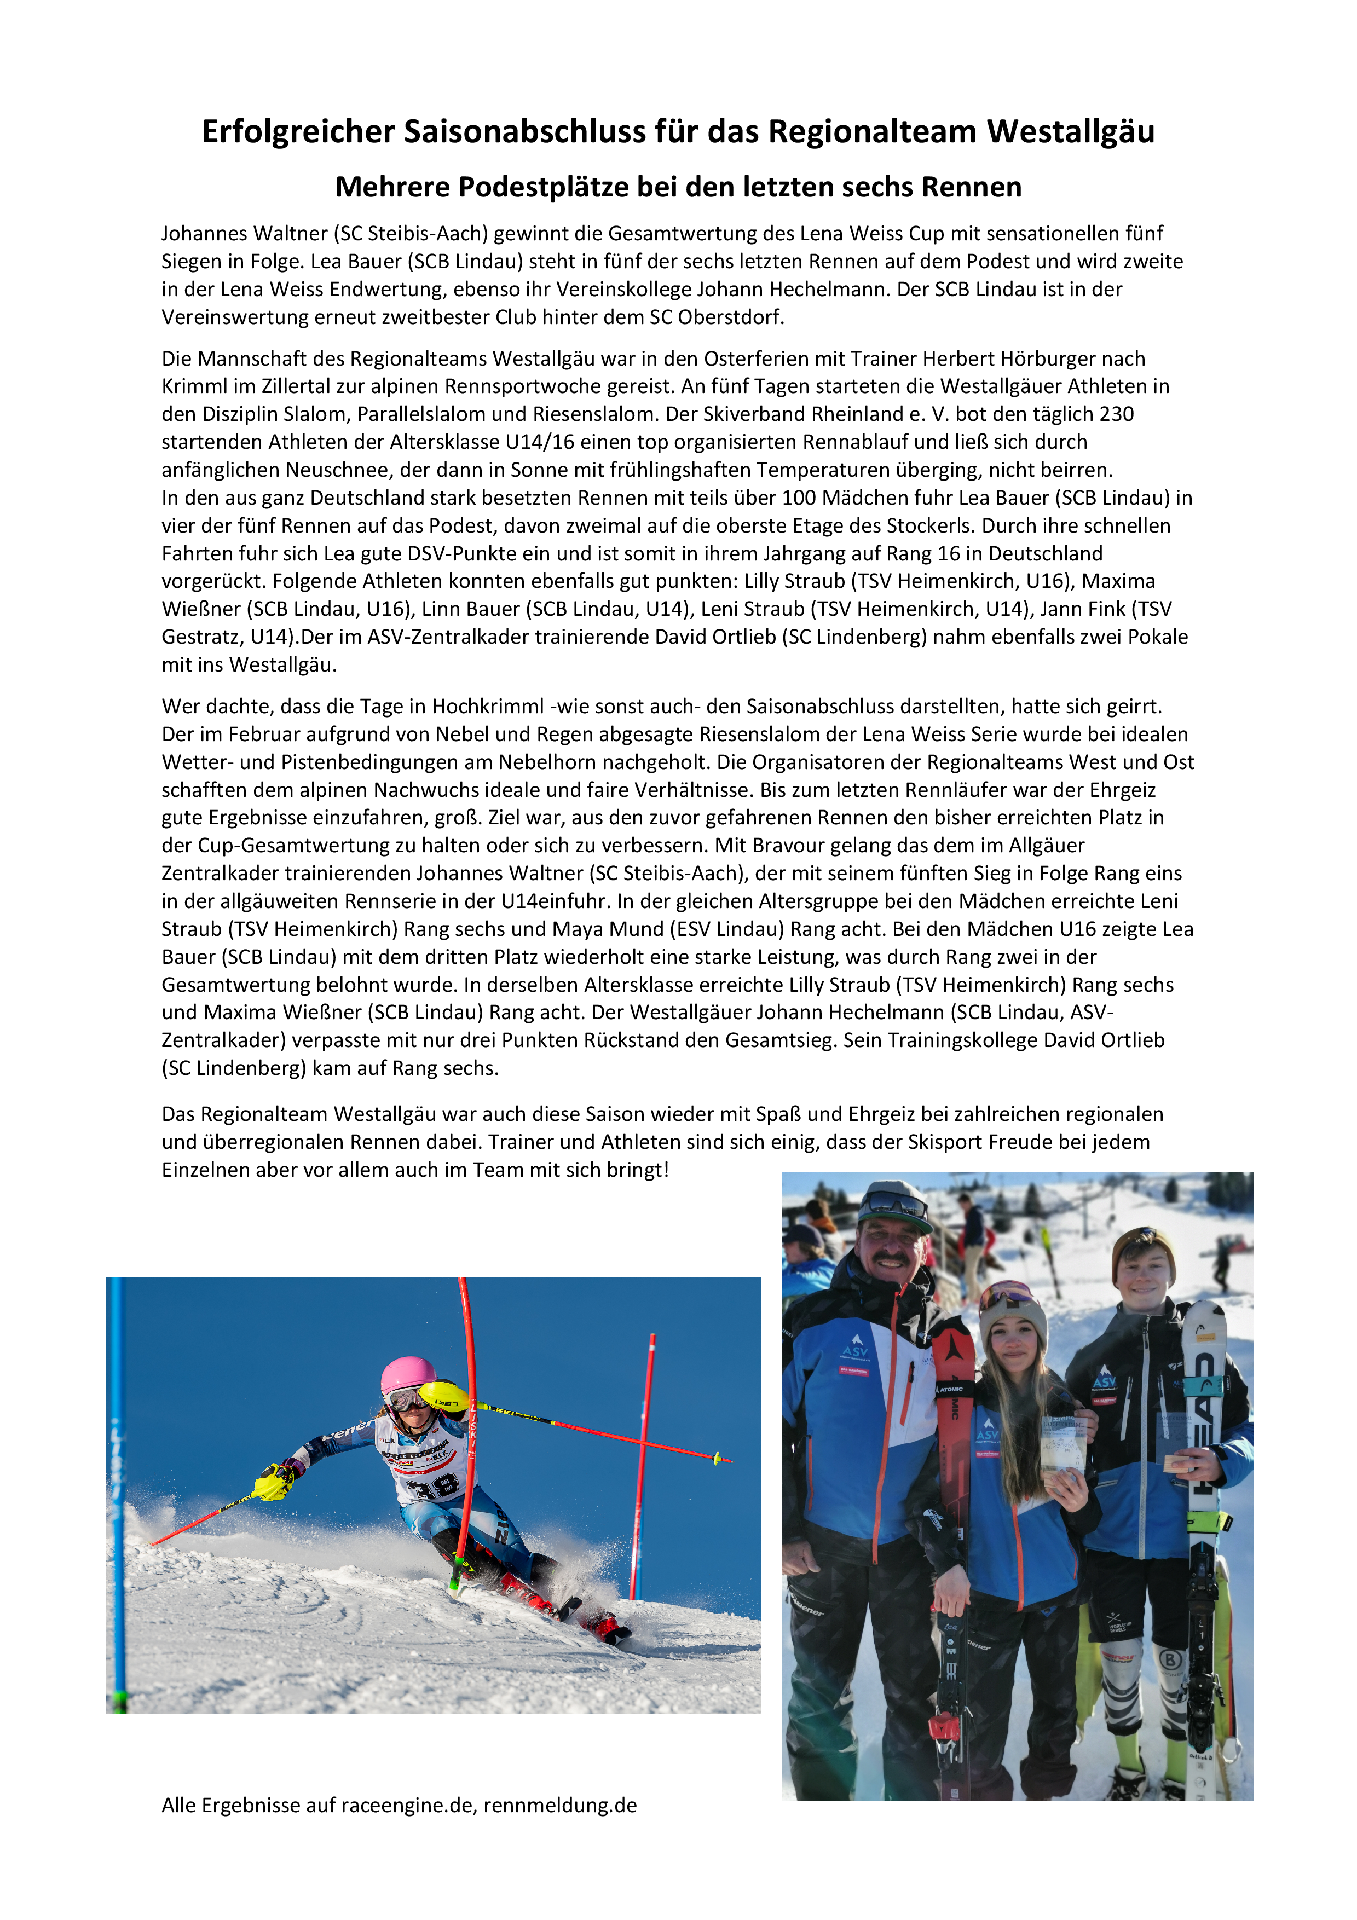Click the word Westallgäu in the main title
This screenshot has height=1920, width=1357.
click(1070, 131)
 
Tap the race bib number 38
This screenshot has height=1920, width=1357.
click(433, 1485)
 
